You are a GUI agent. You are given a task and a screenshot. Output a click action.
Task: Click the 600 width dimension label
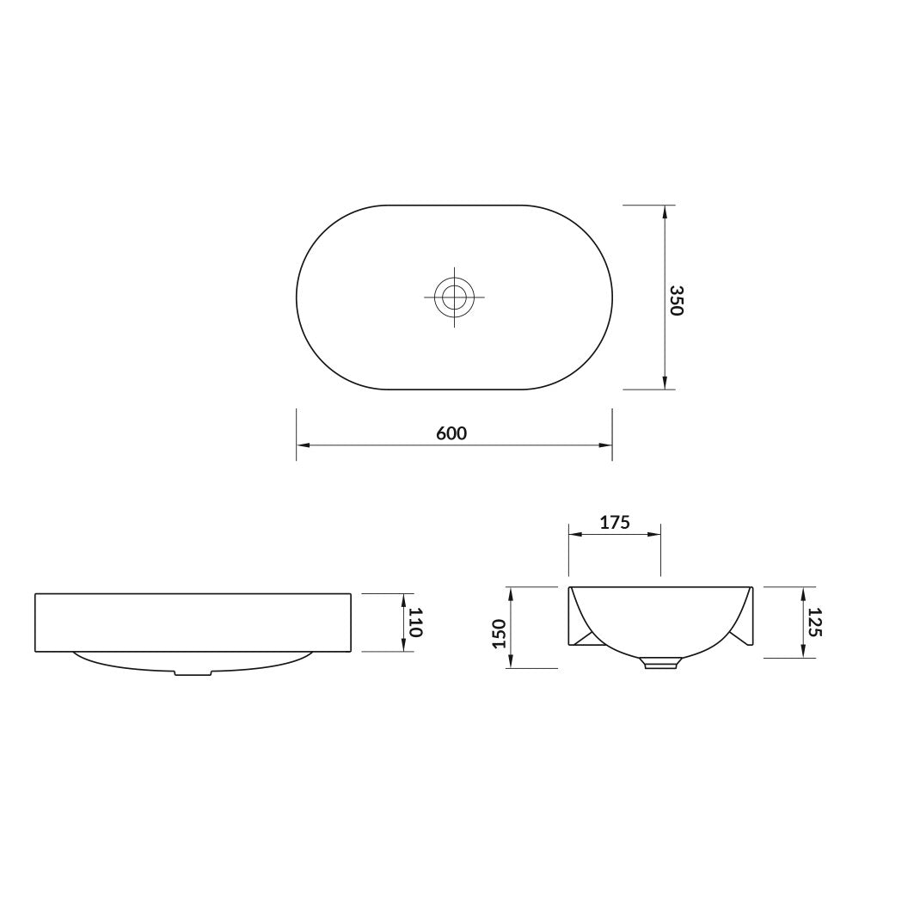click(451, 433)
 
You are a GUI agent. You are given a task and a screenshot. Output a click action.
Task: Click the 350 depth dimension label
click(676, 300)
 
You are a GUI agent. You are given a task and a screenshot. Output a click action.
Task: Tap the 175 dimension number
click(616, 521)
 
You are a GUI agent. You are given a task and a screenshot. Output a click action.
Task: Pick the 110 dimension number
click(415, 622)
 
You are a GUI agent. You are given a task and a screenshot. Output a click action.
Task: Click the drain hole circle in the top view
click(454, 297)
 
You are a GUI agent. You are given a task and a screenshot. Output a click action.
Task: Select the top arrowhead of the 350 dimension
click(664, 212)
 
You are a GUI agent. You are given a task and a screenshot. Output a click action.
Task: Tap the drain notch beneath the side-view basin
click(193, 672)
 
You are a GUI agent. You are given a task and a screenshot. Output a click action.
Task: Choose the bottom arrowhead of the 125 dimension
click(802, 652)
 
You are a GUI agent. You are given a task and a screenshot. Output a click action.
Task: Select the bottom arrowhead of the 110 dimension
click(403, 646)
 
